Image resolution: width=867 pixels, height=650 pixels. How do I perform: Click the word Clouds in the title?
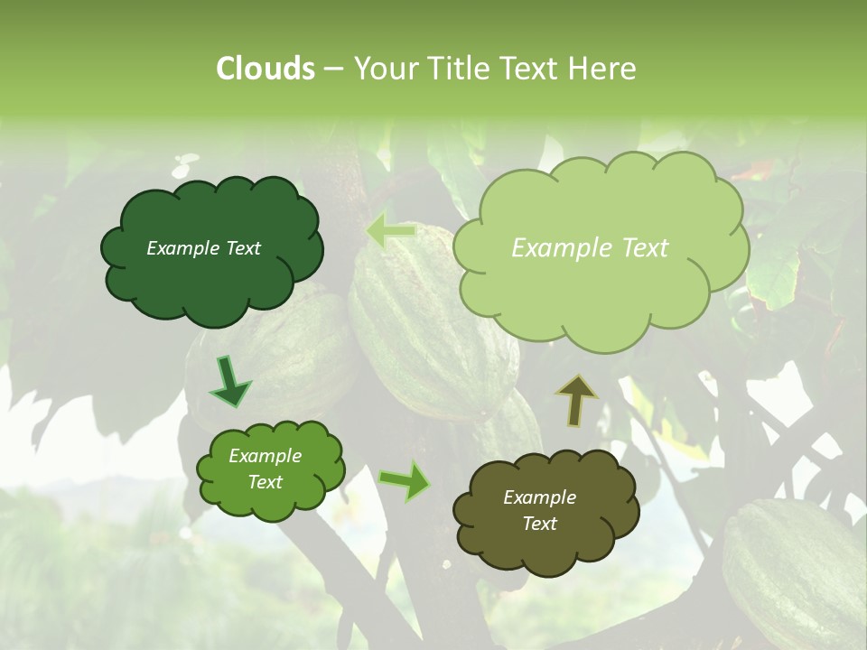266,69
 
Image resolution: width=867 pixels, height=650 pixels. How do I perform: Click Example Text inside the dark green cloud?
203,248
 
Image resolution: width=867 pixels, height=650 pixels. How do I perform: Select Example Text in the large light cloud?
590,248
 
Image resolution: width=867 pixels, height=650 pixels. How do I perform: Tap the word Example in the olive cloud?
539,497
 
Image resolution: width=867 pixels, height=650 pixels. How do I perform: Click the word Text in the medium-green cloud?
266,482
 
